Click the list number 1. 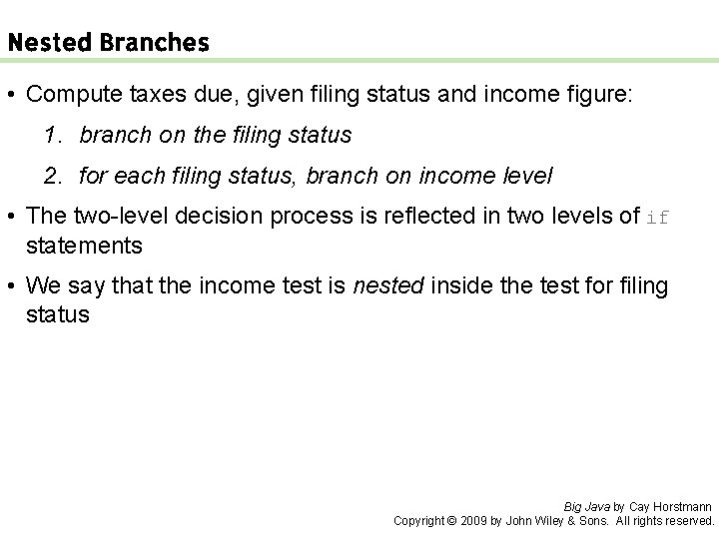tap(53, 135)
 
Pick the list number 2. tap(53, 176)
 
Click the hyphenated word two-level tap(110, 216)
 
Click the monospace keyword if tap(658, 217)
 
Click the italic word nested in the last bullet tap(390, 285)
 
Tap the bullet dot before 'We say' tap(12, 285)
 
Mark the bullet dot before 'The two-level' tap(12, 216)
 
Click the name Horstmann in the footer tap(684, 506)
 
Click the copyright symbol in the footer tap(450, 520)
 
